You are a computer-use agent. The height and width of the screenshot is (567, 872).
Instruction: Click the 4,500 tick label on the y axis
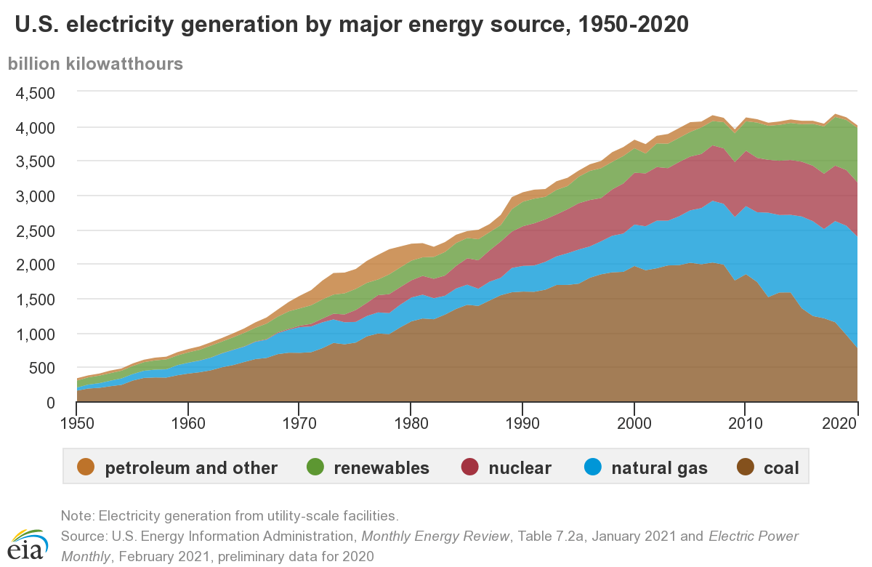tap(34, 93)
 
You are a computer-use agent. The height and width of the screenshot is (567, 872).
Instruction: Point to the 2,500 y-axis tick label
tap(34, 230)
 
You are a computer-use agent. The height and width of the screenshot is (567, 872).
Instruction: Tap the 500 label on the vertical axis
tap(41, 368)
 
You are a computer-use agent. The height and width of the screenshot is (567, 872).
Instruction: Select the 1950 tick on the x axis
tap(77, 422)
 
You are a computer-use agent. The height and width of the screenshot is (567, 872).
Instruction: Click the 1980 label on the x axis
tap(411, 422)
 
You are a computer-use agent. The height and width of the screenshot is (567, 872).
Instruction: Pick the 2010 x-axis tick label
tap(746, 422)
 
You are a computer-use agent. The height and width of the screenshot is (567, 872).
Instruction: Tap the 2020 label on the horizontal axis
tap(856, 422)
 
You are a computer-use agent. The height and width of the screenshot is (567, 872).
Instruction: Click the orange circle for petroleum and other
tap(85, 467)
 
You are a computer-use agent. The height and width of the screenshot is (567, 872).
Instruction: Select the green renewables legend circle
tap(314, 467)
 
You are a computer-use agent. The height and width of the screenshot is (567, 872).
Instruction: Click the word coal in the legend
tap(781, 468)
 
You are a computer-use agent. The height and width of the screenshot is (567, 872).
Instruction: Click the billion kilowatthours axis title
tap(95, 63)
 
